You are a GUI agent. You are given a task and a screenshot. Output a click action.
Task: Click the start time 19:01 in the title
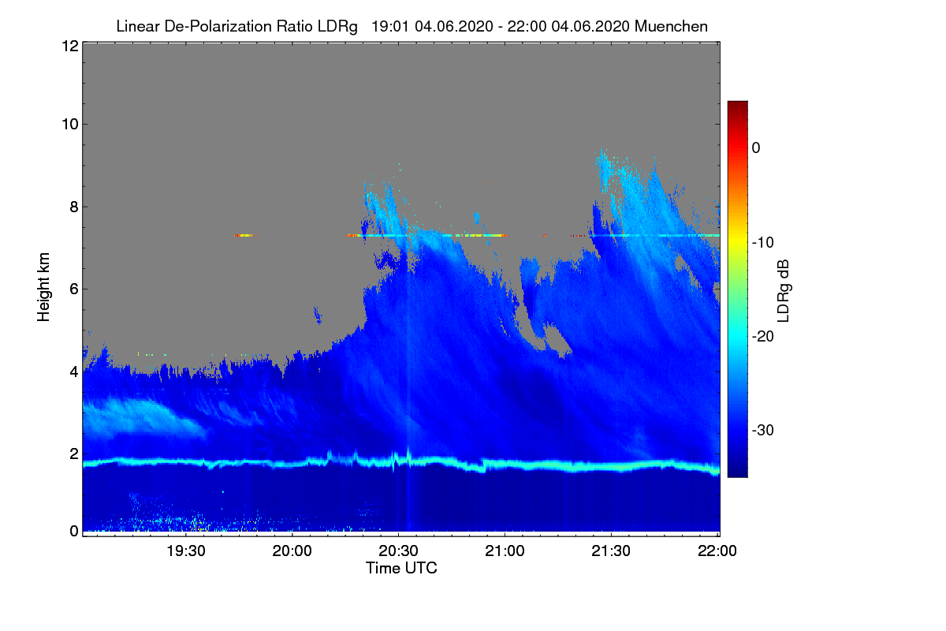coord(389,26)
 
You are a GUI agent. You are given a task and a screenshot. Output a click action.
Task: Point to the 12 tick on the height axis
coord(69,46)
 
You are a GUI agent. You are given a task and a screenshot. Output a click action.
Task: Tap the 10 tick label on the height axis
coord(69,124)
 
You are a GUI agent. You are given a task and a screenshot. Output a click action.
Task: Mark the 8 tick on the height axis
coord(72,207)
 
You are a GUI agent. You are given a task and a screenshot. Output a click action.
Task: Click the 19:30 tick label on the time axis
coord(186,551)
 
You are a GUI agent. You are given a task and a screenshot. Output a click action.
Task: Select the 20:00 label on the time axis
coord(292,551)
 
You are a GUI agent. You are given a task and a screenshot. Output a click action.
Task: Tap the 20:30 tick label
coord(399,551)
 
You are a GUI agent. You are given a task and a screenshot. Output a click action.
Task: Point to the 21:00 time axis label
coord(505,551)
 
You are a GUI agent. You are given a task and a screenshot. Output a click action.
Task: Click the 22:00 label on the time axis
coord(718,551)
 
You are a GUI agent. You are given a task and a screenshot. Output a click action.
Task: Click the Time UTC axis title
coord(401,568)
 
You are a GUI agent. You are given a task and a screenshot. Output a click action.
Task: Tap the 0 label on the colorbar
coord(756,147)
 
